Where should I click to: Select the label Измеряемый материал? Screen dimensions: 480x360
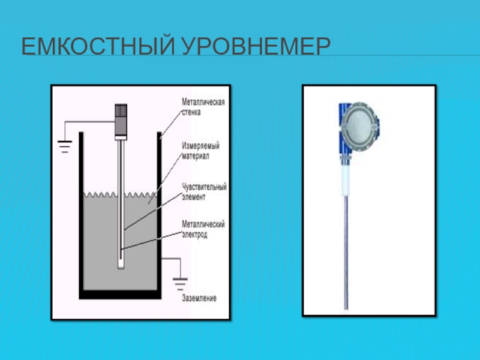[x=201, y=151]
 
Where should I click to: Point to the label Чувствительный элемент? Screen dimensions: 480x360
[x=204, y=191]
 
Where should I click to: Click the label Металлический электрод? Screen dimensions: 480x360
[x=203, y=230]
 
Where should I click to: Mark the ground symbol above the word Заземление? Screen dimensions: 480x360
[x=179, y=281]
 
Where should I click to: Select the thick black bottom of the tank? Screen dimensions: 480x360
[x=121, y=294]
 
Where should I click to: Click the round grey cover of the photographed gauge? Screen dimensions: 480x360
[x=359, y=126]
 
